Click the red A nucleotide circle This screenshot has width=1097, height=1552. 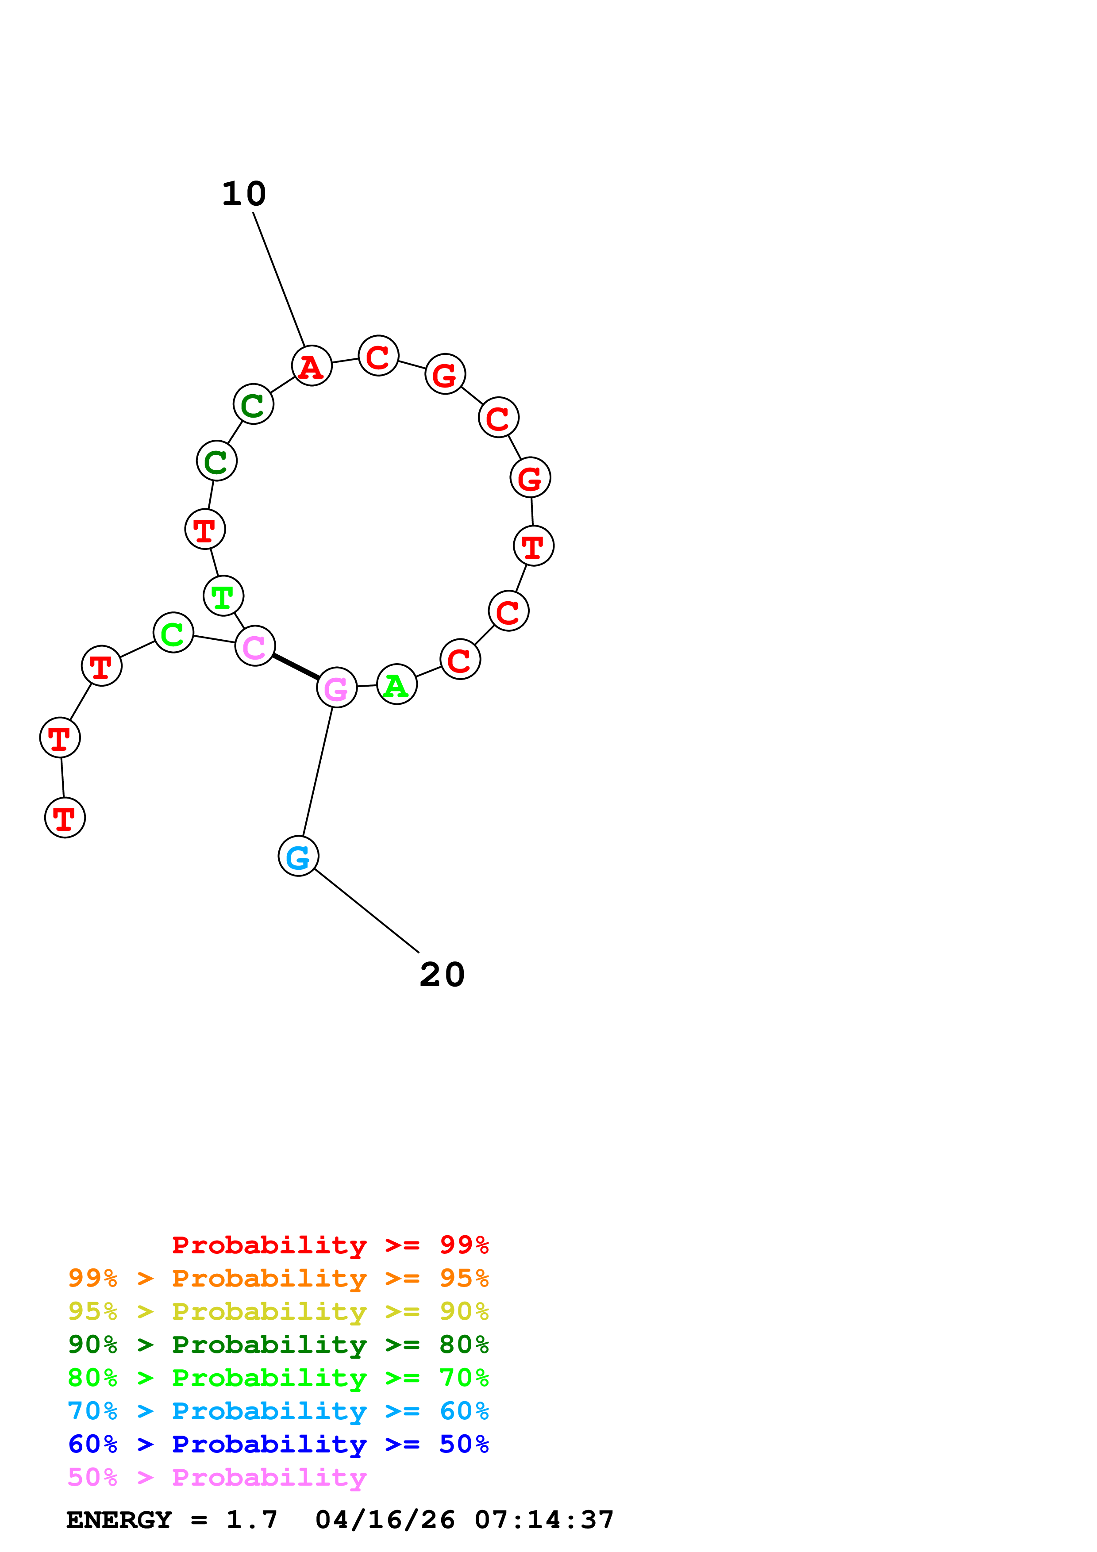pyautogui.click(x=311, y=366)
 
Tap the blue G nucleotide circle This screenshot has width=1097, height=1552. pyautogui.click(x=298, y=856)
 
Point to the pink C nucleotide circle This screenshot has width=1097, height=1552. pyautogui.click(x=255, y=645)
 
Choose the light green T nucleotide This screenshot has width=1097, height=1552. pyautogui.click(x=223, y=595)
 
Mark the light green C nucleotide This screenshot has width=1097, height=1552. pyautogui.click(x=173, y=633)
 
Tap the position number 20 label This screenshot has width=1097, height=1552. pyautogui.click(x=442, y=974)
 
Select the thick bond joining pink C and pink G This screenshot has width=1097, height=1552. pyautogui.click(x=295, y=666)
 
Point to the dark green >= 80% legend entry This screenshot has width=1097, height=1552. pyautogui.click(x=278, y=1345)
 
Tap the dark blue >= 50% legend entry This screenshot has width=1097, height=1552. pyautogui.click(x=278, y=1444)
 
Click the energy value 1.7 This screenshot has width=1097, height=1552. pyautogui.click(x=251, y=1520)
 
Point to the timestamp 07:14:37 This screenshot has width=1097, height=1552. pyautogui.click(x=544, y=1520)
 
